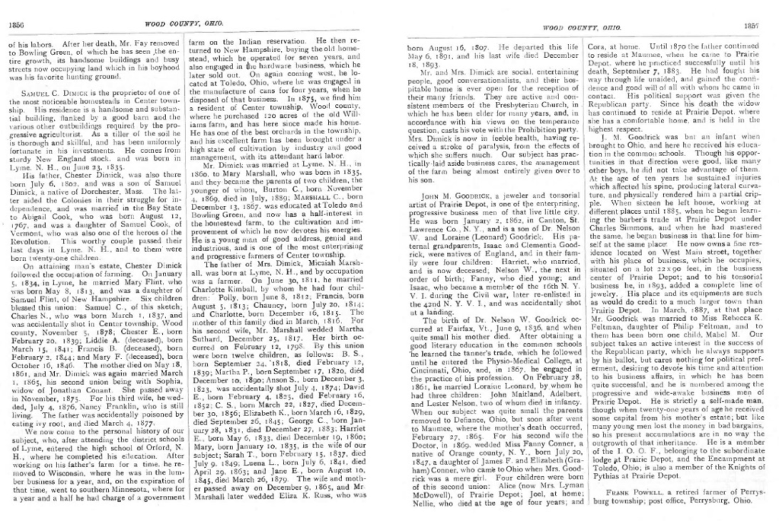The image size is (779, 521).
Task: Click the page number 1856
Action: (17, 24)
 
